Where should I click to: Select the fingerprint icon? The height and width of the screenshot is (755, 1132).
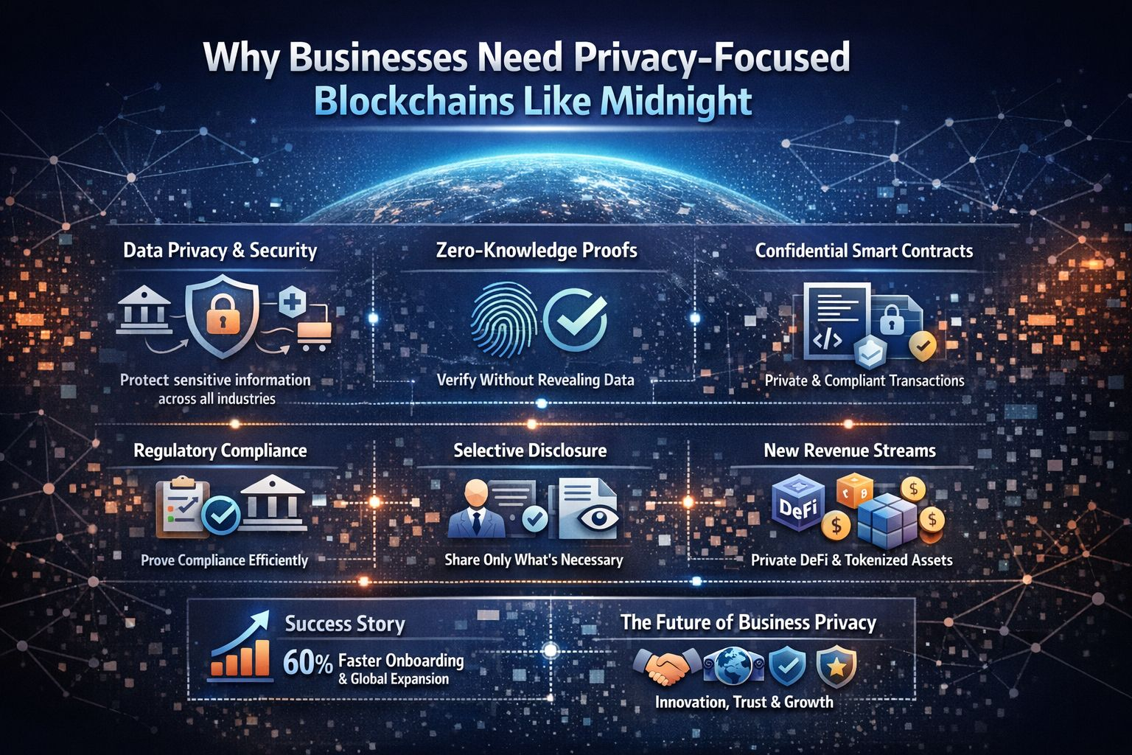click(x=503, y=321)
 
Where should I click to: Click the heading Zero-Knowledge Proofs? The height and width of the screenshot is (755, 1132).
click(x=537, y=251)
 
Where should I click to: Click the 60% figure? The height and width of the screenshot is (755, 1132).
click(x=308, y=664)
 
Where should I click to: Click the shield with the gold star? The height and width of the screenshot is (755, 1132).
click(x=836, y=666)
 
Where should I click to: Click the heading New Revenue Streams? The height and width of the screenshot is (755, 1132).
click(x=850, y=450)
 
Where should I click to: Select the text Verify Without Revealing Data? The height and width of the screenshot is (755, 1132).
click(x=536, y=380)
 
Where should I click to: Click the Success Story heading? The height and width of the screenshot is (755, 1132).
click(x=345, y=624)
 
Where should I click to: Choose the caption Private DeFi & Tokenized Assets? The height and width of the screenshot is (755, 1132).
click(x=851, y=560)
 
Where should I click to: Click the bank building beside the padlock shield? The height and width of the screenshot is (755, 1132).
click(x=145, y=314)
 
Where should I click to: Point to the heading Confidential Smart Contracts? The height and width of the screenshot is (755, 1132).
click(x=864, y=251)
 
